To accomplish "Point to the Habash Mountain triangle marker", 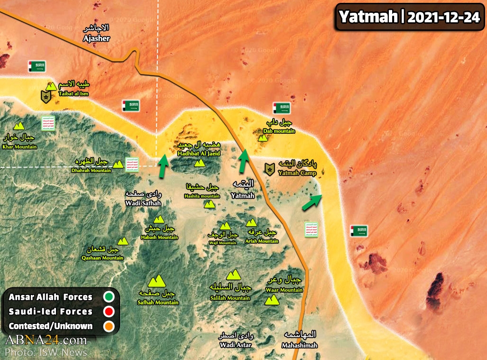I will tap(159, 219).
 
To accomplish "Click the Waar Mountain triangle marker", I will tap(272, 300).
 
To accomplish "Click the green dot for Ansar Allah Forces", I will tap(109, 297).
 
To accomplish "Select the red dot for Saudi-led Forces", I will tap(109, 312).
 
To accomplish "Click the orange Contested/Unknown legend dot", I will tap(109, 326).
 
